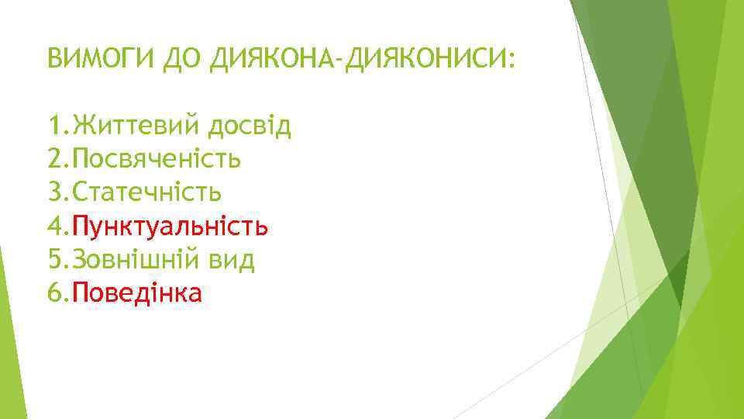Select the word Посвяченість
(156, 159)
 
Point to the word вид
(232, 259)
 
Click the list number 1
(53, 126)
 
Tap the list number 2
(53, 159)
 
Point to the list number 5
(53, 259)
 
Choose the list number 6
(53, 293)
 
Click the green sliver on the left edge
(6, 326)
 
